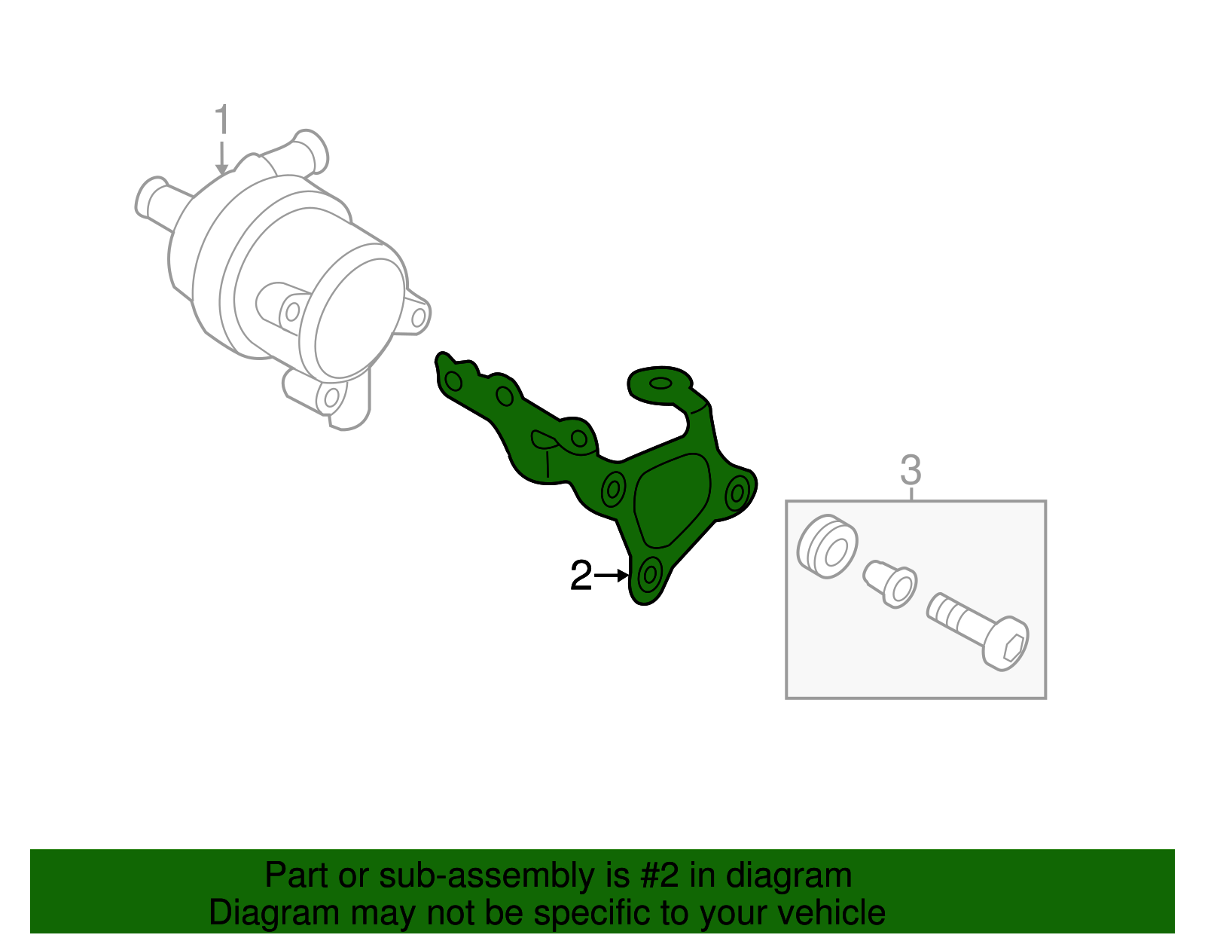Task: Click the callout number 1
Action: tap(221, 121)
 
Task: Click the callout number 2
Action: tap(581, 576)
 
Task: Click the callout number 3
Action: tap(911, 471)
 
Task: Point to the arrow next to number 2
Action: tap(612, 576)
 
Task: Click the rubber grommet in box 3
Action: tap(826, 547)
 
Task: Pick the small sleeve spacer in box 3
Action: tap(892, 582)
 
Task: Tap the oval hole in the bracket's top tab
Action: tap(660, 384)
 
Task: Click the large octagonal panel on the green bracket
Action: tap(672, 500)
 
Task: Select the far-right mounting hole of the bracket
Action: tap(737, 493)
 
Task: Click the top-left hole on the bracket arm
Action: tap(453, 380)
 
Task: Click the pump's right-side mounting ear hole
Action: tap(419, 317)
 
